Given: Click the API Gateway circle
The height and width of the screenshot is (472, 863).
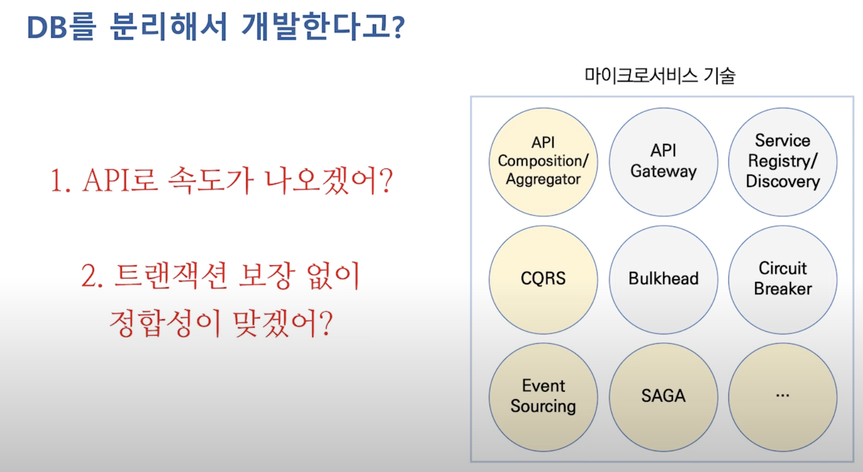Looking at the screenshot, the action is (x=663, y=162).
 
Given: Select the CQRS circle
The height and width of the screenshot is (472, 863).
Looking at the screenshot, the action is (x=543, y=279).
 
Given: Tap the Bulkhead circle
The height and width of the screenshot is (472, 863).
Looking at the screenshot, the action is (x=663, y=279).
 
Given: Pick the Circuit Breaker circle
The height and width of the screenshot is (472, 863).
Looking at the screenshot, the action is (x=782, y=279).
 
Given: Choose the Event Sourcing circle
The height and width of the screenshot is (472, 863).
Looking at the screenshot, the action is (x=543, y=397).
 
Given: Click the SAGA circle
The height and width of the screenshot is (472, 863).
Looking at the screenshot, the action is (x=663, y=397).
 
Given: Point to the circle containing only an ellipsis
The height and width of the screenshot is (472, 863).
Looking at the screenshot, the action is (x=782, y=397).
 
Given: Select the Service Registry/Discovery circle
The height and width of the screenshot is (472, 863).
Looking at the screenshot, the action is (x=782, y=162).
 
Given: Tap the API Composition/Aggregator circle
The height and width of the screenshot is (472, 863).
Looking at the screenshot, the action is (x=543, y=162).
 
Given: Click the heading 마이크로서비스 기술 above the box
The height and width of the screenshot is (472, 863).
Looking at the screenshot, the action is (x=660, y=75).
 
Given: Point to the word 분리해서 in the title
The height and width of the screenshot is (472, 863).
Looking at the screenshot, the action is (x=169, y=27).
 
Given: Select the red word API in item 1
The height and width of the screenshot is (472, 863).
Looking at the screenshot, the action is (x=105, y=180).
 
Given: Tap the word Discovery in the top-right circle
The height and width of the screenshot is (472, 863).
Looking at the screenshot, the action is (x=783, y=182).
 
